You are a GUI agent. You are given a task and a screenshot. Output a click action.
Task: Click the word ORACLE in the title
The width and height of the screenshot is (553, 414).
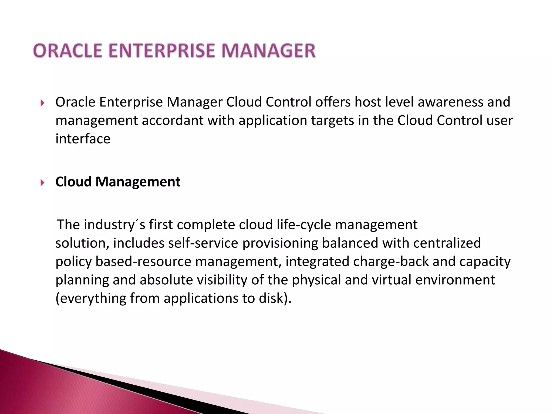click(x=68, y=51)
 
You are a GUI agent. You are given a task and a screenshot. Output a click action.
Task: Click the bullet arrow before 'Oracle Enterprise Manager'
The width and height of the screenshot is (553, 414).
click(x=42, y=103)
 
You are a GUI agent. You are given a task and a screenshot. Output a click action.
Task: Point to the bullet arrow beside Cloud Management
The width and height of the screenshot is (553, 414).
click(x=42, y=183)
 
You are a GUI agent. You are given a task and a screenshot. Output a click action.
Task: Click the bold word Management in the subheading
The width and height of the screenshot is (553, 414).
click(x=138, y=182)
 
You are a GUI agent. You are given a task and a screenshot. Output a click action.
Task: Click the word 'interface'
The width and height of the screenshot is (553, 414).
click(x=83, y=139)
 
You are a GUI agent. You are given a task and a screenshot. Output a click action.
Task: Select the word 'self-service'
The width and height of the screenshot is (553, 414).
click(x=203, y=243)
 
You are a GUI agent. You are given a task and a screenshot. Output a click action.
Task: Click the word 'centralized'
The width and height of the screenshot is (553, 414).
click(x=447, y=243)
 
